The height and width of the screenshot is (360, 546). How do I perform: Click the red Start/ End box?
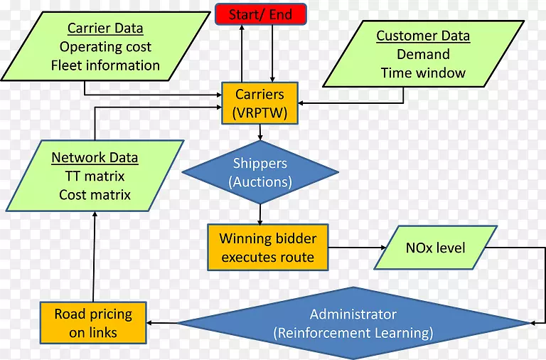coord(261,14)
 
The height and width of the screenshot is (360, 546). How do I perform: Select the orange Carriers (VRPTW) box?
coord(260,103)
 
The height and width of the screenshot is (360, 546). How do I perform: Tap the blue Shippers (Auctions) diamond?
coord(260,172)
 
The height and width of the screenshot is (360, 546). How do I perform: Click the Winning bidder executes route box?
coord(267,248)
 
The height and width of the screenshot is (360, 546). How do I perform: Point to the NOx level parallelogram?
coord(435,248)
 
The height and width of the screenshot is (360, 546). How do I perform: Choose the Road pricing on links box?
coord(94,322)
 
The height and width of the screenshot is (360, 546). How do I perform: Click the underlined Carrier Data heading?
coord(105,29)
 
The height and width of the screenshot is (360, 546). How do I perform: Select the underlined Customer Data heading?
coord(423,36)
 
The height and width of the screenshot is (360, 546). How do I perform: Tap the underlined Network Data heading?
coord(95,158)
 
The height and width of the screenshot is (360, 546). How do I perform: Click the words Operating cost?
coord(105,48)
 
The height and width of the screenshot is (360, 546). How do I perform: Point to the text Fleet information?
coord(105,65)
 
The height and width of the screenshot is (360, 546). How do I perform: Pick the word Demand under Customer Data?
coord(423,55)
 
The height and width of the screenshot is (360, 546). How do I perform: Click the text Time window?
coord(423,73)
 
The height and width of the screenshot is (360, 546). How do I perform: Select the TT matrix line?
coord(95,176)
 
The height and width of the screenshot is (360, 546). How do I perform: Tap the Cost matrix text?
coord(95,195)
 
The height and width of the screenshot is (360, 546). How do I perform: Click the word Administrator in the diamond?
coord(353,314)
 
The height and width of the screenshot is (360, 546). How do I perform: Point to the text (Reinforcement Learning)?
coord(353,332)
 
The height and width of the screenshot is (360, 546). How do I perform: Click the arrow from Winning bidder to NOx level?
coord(355,248)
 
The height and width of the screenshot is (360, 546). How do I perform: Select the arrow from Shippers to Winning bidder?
coord(260,213)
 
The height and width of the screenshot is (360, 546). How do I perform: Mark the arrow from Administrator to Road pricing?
coord(162,323)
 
